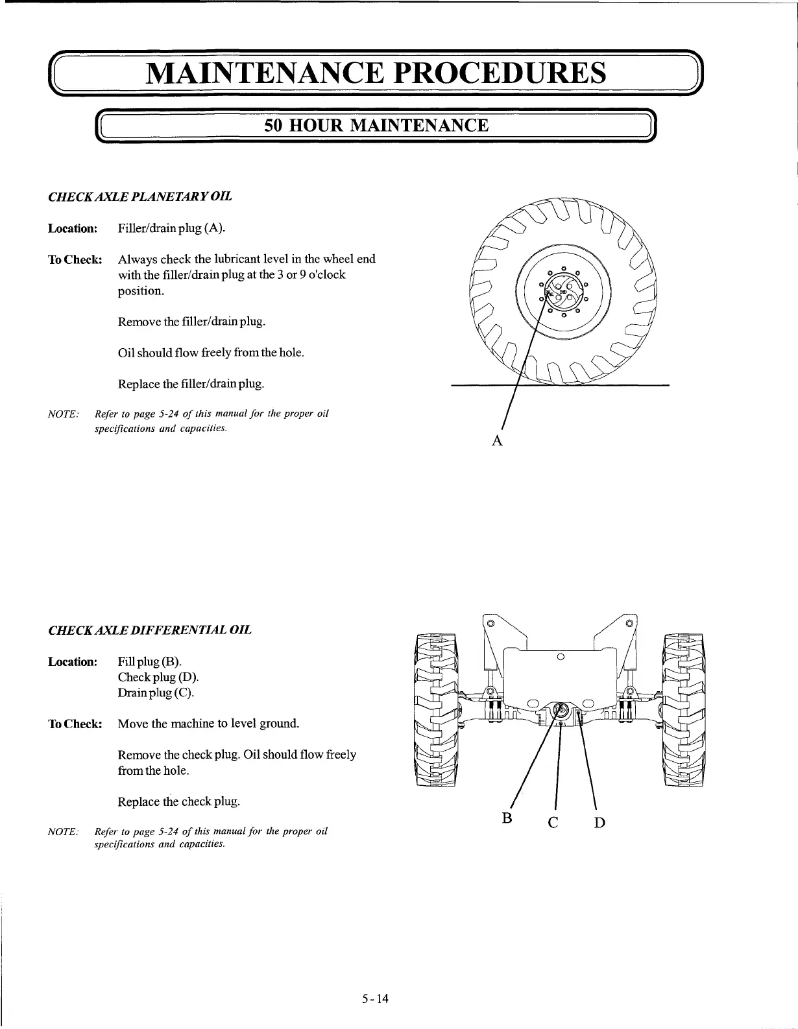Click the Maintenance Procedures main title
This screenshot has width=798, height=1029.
pyautogui.click(x=376, y=73)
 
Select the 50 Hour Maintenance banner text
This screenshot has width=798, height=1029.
pyautogui.click(x=376, y=125)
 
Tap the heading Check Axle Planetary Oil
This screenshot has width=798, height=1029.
pyautogui.click(x=140, y=196)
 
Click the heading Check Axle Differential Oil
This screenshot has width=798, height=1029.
pyautogui.click(x=150, y=630)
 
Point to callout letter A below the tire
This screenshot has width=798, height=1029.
pyautogui.click(x=497, y=441)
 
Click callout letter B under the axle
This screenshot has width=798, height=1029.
pyautogui.click(x=507, y=818)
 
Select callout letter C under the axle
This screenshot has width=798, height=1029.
pyautogui.click(x=553, y=823)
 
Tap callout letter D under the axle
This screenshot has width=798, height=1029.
pyautogui.click(x=599, y=823)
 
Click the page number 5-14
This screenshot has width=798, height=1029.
pyautogui.click(x=375, y=999)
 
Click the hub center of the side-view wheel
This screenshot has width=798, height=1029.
pyautogui.click(x=563, y=293)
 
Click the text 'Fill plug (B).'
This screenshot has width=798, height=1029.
pyautogui.click(x=150, y=661)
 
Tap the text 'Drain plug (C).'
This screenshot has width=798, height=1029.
pyautogui.click(x=156, y=692)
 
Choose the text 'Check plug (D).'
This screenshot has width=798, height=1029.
pyautogui.click(x=158, y=677)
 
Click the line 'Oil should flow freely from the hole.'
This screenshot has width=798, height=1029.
pyautogui.click(x=211, y=353)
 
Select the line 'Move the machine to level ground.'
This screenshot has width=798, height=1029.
pyautogui.click(x=208, y=724)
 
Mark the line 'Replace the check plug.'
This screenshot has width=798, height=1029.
pyautogui.click(x=179, y=801)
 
